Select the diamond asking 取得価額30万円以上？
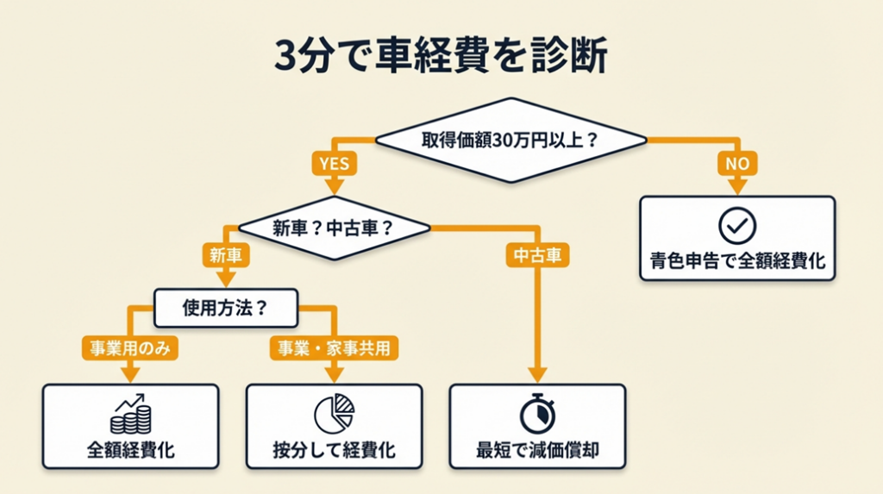[510, 140]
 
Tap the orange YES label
[335, 162]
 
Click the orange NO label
[736, 162]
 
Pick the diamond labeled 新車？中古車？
[333, 228]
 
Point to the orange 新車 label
[226, 255]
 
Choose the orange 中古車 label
[537, 255]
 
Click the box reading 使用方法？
[226, 306]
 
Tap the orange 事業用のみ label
[128, 347]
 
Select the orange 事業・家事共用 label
[335, 347]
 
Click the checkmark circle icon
[736, 226]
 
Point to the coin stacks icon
[130, 415]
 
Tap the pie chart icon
[335, 415]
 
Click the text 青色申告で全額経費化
[736, 260]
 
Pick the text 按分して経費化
[335, 450]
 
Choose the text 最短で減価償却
[537, 450]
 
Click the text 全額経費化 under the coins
[130, 450]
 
